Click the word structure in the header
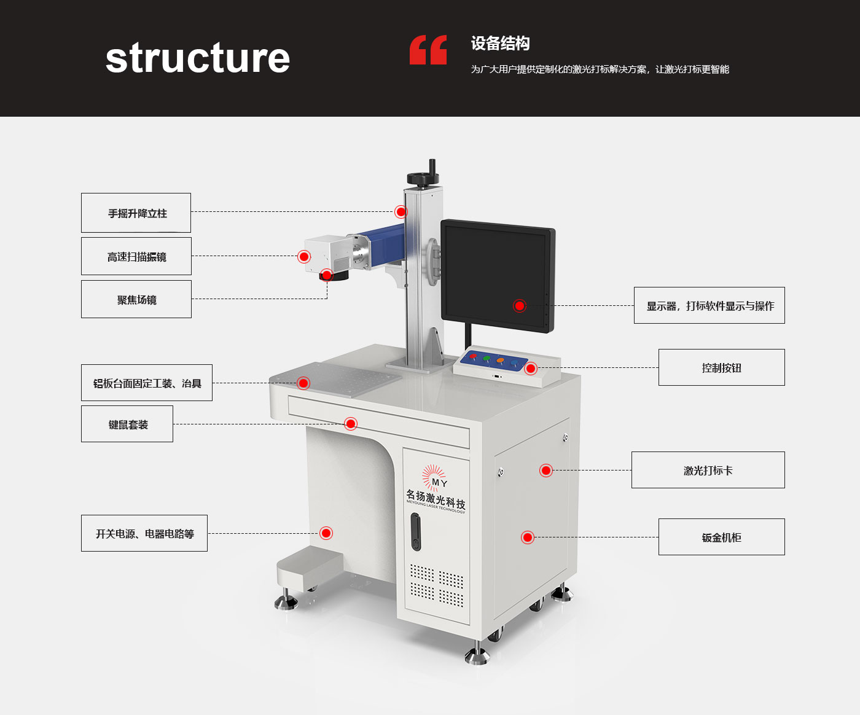197,58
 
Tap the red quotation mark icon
428,50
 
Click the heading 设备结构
500,44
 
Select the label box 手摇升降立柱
136,213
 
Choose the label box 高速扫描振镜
136,256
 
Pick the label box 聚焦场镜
136,299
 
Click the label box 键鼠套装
127,424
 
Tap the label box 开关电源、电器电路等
144,533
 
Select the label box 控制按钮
721,367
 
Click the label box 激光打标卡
708,470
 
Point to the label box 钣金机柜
721,537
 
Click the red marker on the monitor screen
520,305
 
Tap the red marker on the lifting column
401,212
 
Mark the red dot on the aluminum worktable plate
303,383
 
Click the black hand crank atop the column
424,175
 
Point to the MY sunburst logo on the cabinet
435,477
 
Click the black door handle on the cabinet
416,531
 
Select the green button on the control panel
487,358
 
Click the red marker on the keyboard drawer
351,424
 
